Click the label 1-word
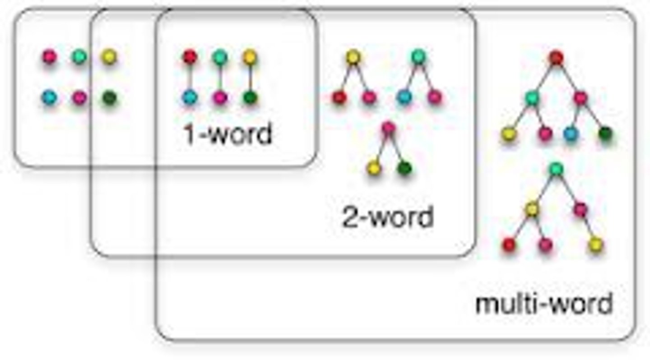(228, 134)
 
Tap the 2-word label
(387, 217)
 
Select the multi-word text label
(544, 303)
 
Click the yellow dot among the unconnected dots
(109, 57)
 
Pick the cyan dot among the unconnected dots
(49, 97)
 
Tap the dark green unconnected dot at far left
(109, 97)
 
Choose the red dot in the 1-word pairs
(190, 57)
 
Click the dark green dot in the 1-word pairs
(250, 97)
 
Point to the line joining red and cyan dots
(190, 77)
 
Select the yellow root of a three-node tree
(353, 57)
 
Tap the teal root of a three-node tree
(418, 57)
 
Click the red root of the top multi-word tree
(557, 58)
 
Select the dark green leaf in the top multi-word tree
(605, 134)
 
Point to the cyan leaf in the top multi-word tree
(571, 134)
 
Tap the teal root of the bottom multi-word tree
(557, 169)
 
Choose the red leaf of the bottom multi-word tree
(509, 245)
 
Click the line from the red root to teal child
(545, 78)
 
